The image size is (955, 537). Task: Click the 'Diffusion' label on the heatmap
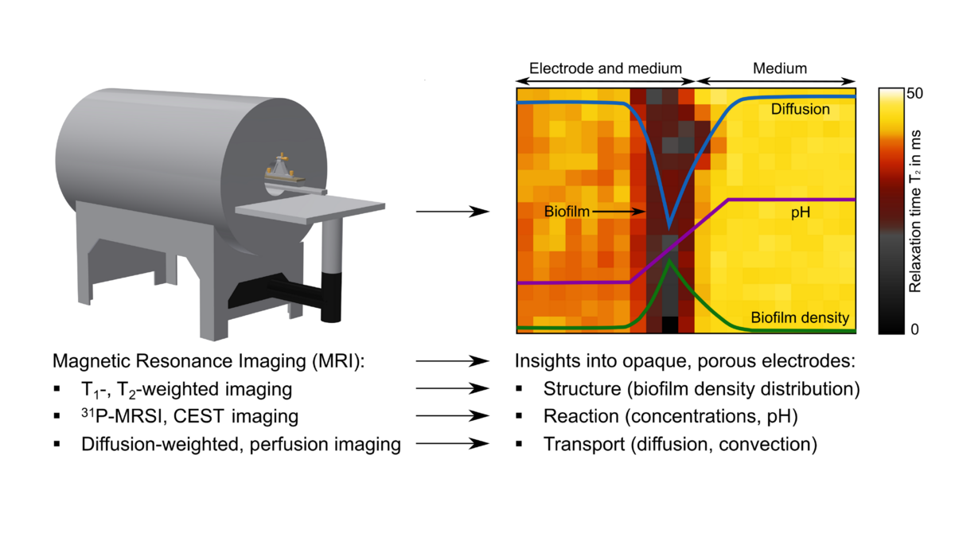click(x=800, y=109)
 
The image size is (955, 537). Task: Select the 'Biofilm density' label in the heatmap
click(x=800, y=317)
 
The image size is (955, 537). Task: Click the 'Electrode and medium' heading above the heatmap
click(x=605, y=68)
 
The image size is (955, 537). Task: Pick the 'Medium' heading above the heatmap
click(x=779, y=68)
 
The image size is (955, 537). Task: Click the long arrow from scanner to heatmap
click(x=452, y=212)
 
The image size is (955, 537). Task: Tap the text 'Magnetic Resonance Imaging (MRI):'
click(x=207, y=361)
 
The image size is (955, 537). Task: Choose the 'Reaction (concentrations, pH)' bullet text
click(x=670, y=417)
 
